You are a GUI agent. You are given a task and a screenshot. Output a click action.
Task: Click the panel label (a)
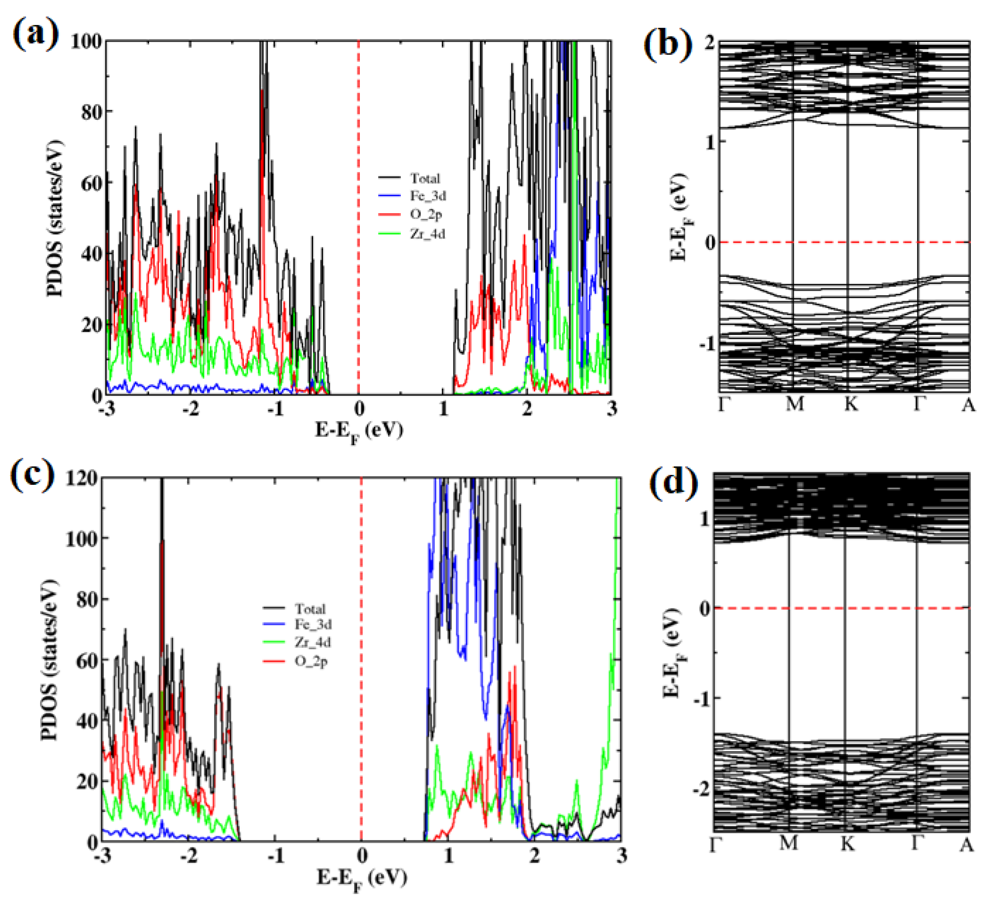(35, 35)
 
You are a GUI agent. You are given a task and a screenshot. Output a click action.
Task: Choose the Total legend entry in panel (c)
(309, 609)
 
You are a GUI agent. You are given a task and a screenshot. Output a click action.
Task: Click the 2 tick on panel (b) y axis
(709, 43)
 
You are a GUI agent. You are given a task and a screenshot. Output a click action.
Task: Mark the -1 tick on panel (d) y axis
(701, 699)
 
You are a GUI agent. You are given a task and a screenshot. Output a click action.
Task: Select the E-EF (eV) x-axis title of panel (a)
(359, 432)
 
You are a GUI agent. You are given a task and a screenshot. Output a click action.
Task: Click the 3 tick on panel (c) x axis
(621, 856)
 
